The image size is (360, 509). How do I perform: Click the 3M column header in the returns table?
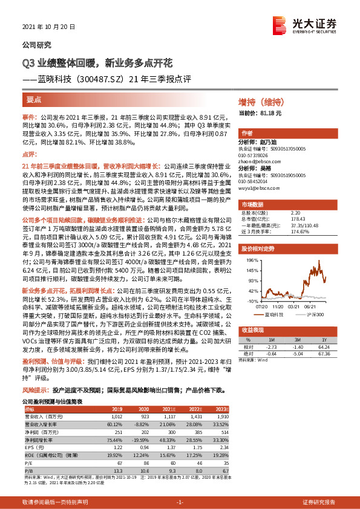(x=296, y=340)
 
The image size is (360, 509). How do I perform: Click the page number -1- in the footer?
(x=180, y=502)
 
